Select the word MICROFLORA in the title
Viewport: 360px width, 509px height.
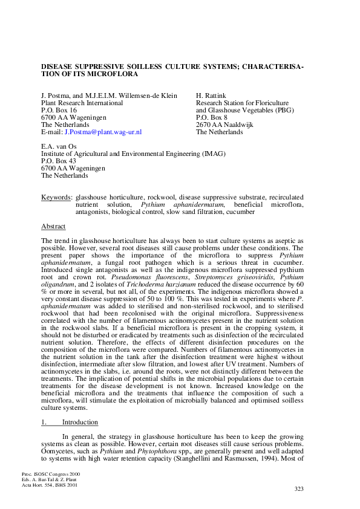coord(112,74)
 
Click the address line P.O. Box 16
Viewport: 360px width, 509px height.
coord(59,110)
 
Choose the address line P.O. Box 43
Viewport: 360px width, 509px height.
coord(59,161)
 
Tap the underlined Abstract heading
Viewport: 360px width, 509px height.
coord(53,226)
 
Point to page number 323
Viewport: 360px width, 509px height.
coord(299,489)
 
